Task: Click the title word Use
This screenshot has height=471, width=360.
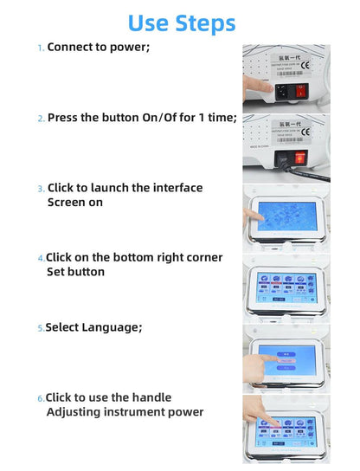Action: [x=152, y=23]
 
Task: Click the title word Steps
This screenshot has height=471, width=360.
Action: [x=206, y=23]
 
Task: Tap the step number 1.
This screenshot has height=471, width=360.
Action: [x=39, y=48]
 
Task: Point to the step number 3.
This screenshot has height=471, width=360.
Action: [x=40, y=189]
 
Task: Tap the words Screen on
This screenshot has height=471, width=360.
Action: [x=74, y=202]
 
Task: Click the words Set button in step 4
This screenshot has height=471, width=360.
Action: [x=75, y=272]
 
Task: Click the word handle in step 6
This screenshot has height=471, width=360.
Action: [x=151, y=397]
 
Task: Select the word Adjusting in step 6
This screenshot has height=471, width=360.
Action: [x=77, y=411]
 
